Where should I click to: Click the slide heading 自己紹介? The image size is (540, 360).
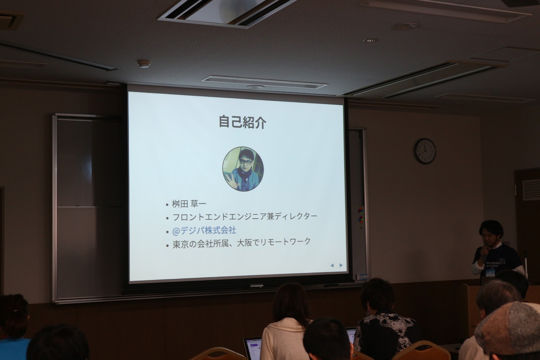click(x=242, y=122)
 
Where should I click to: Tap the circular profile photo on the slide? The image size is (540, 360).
click(x=243, y=169)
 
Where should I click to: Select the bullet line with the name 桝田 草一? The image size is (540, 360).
click(x=189, y=204)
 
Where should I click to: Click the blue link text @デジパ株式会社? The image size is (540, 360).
click(x=204, y=230)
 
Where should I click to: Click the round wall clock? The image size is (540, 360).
click(x=425, y=151)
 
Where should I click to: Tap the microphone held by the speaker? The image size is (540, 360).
click(x=485, y=248)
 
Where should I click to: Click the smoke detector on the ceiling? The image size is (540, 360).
click(x=144, y=63)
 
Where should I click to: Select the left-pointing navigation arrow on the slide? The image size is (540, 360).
click(x=332, y=265)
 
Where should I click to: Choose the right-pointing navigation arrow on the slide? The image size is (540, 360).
click(x=341, y=265)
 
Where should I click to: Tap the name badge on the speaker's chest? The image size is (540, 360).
click(x=490, y=272)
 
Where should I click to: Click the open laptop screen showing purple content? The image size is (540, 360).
click(x=253, y=348)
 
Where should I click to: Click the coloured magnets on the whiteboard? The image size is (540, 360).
click(x=360, y=215)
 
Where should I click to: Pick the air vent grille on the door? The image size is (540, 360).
click(x=531, y=189)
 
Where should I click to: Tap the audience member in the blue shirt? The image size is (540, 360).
click(x=13, y=328)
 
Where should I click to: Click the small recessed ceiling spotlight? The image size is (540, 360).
click(x=370, y=40)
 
